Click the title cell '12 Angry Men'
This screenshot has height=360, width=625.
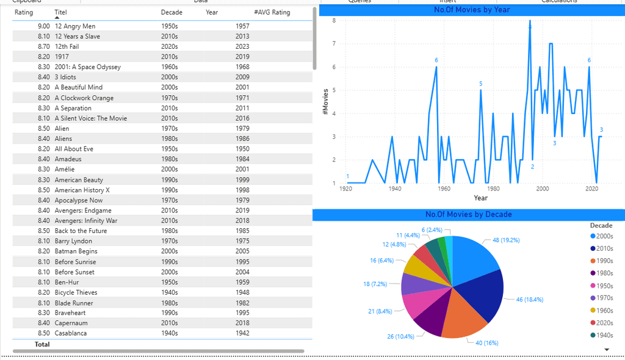[74, 26]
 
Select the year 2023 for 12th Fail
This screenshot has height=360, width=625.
[242, 46]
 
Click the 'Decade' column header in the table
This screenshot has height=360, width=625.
[171, 12]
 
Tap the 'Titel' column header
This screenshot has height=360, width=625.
[60, 12]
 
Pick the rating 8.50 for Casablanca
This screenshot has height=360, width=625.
[43, 333]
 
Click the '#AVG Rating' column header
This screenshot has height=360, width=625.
[272, 12]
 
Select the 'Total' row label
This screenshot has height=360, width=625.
[42, 344]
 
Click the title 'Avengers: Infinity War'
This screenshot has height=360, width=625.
[85, 221]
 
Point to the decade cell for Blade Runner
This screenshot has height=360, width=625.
[169, 303]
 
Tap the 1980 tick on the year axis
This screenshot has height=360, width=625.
[493, 189]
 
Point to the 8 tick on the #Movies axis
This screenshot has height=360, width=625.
[334, 21]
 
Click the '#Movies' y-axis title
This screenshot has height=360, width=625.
[325, 101]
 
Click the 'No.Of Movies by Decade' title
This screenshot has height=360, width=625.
[468, 214]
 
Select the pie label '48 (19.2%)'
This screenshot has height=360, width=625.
[502, 240]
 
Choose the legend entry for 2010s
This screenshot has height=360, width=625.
[604, 248]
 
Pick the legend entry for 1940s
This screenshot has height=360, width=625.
[604, 334]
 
